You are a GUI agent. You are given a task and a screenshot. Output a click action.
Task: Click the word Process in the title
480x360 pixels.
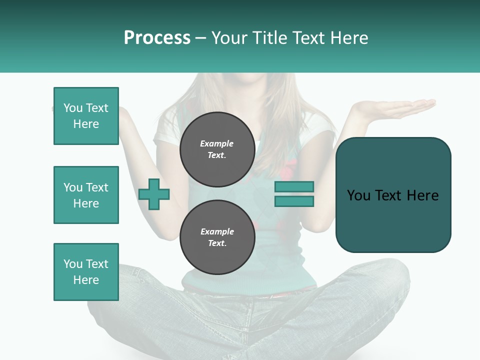click(157, 38)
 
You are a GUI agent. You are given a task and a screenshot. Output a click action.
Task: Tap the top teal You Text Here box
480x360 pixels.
click(86, 116)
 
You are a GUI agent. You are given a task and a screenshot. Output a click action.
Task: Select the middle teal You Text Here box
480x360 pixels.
click(86, 195)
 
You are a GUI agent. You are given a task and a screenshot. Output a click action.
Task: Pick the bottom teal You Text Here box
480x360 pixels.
click(86, 272)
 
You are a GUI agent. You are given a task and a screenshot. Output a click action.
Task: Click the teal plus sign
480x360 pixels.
click(154, 194)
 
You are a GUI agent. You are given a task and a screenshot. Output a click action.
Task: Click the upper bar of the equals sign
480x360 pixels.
click(294, 186)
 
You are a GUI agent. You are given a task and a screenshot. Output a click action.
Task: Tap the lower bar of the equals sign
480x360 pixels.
click(294, 201)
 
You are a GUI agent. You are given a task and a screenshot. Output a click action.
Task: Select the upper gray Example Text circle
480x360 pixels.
click(217, 149)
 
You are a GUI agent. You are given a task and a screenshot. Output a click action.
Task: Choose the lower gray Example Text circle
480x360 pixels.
click(217, 237)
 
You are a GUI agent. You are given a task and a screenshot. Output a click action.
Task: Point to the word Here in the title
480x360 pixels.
click(348, 38)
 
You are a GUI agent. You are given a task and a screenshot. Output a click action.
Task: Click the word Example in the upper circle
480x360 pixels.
click(217, 143)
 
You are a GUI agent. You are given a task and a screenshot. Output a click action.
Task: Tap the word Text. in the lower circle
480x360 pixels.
click(217, 243)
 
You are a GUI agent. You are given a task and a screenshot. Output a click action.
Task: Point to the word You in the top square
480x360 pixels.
click(72, 108)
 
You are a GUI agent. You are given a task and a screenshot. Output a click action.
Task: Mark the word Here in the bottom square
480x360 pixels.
click(86, 280)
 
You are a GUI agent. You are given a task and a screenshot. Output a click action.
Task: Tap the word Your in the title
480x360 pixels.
click(230, 38)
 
